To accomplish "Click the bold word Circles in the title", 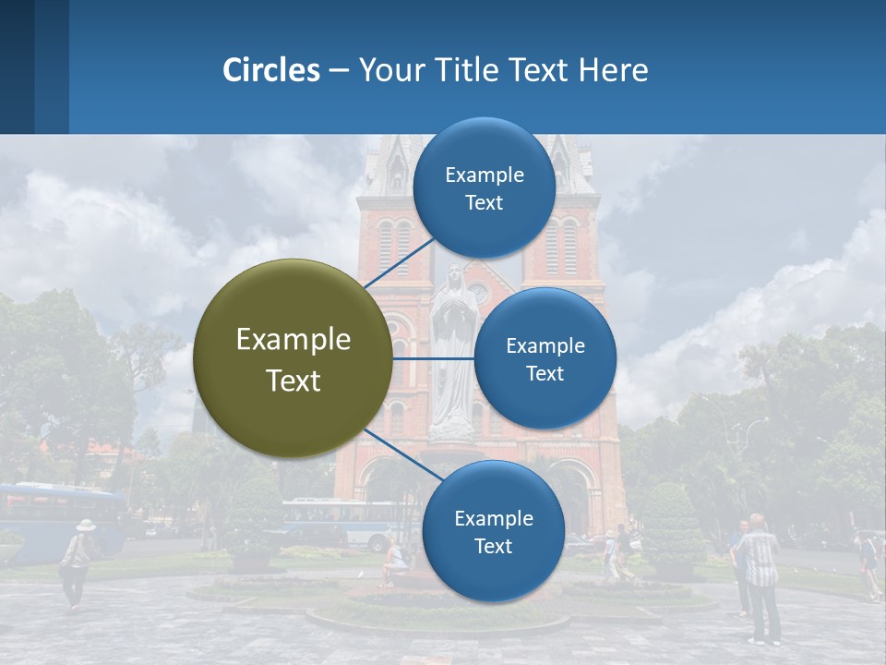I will [270, 70].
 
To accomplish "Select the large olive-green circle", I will [293, 358].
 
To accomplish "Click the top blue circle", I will [485, 188].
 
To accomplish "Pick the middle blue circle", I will [545, 358].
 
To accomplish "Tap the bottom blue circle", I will [493, 531].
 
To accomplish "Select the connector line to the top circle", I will [398, 260].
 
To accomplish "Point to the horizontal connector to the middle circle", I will [434, 358].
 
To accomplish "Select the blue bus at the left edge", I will [55, 522].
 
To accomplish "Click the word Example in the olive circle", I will [293, 340].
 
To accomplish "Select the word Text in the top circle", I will [485, 203].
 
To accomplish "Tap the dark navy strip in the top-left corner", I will [17, 66].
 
